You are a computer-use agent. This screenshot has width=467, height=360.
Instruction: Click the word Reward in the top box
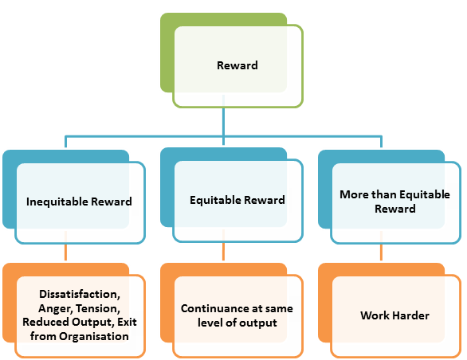237,65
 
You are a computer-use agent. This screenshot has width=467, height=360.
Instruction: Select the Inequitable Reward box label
79,201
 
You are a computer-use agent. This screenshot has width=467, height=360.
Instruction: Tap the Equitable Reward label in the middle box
237,200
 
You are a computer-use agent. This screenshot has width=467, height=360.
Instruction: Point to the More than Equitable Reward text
394,202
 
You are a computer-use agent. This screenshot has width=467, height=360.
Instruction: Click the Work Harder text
394,315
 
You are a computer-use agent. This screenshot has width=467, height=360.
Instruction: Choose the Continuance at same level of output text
237,315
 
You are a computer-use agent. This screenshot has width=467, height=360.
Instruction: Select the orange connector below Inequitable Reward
65,252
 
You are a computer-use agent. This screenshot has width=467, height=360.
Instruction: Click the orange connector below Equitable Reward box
223,252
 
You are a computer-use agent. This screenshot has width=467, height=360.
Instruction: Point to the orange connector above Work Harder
381,252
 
